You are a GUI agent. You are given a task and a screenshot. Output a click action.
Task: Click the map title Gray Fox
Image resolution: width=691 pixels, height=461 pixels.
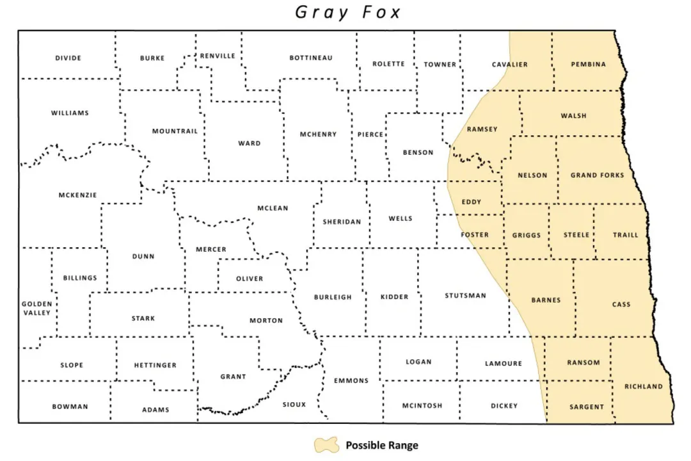pos(348,12)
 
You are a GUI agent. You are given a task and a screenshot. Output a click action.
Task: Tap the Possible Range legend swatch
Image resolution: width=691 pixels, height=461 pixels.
pos(326,445)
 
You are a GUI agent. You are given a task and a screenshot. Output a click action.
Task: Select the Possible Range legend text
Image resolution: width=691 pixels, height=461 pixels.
pos(382,445)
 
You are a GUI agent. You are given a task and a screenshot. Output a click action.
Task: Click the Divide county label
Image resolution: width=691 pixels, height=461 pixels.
pos(68,58)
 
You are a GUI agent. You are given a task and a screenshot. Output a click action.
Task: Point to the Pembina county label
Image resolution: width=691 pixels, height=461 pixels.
pos(588,64)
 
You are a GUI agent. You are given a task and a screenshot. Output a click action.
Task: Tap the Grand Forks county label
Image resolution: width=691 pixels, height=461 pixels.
pos(597,175)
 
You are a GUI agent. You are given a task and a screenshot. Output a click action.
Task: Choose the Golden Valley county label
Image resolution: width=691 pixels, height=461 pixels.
pos(36,308)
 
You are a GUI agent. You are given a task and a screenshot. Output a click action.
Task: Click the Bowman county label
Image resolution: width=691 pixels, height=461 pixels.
pos(70,407)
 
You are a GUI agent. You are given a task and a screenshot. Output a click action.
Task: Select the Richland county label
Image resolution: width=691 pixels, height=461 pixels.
pos(644,386)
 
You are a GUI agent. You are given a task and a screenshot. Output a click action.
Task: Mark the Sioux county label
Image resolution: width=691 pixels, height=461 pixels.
pos(294,404)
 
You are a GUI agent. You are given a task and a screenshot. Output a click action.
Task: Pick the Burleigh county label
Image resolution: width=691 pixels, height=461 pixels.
pos(333,297)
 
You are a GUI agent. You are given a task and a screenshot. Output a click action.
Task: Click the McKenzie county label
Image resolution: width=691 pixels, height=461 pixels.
pos(78,195)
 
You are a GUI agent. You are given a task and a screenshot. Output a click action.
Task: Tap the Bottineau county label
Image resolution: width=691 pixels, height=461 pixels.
pos(311,58)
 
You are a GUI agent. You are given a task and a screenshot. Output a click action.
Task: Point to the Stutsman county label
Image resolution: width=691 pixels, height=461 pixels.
pos(465,296)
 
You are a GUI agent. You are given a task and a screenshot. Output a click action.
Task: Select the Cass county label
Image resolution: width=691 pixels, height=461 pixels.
pos(621,304)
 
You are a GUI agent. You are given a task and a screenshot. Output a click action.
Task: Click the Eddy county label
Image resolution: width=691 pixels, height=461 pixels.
pos(472,202)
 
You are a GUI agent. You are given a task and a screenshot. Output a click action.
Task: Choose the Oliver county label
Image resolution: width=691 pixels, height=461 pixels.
pos(250,279)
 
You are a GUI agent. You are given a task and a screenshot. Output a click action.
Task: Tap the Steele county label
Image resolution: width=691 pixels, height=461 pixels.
pos(576,235)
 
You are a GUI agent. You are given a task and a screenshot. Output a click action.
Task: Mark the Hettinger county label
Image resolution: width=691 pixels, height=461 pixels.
pos(155,365)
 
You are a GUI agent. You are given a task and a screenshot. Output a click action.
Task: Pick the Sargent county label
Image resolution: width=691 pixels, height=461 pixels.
pos(587,407)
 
